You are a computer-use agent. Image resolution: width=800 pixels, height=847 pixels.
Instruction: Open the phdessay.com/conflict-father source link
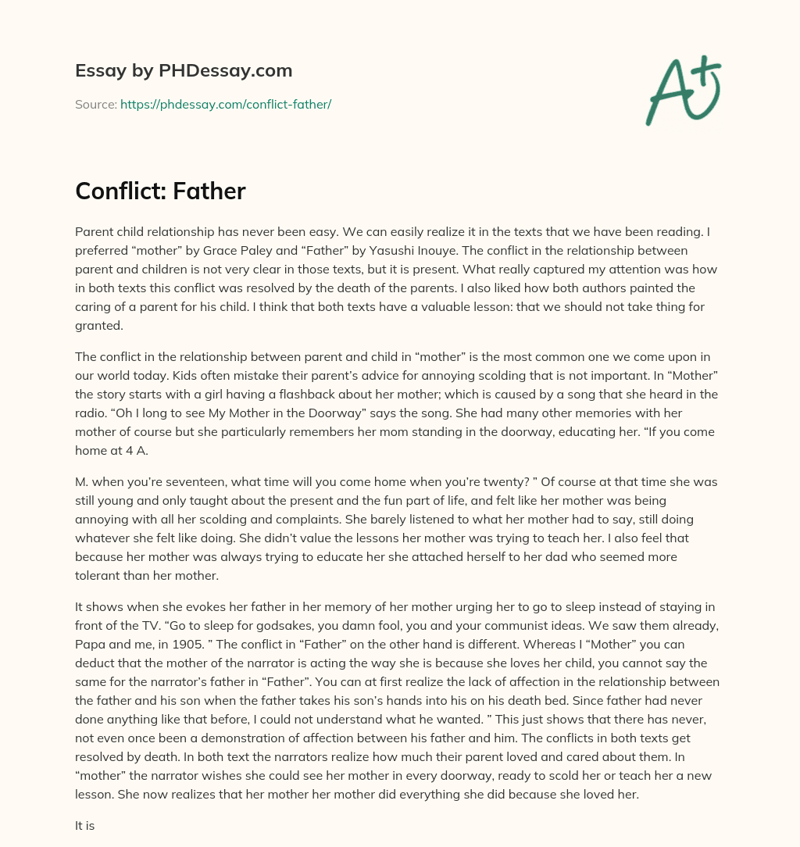(x=226, y=104)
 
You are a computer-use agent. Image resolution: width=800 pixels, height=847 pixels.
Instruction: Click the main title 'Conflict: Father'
(x=160, y=191)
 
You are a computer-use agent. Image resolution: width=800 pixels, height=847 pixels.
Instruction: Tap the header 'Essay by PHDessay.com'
(x=184, y=70)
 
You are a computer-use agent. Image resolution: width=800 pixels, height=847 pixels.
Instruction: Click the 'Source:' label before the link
(x=95, y=104)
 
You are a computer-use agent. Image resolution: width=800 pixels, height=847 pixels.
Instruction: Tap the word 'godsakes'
(x=220, y=625)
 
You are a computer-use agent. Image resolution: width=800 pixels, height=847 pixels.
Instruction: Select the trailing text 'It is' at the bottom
(x=84, y=824)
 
